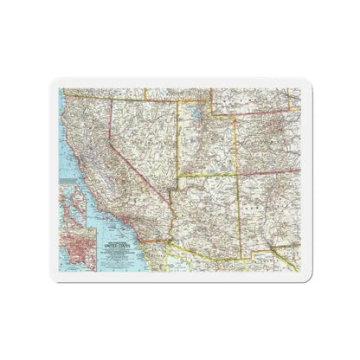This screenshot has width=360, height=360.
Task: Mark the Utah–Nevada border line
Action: tap(178, 138)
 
